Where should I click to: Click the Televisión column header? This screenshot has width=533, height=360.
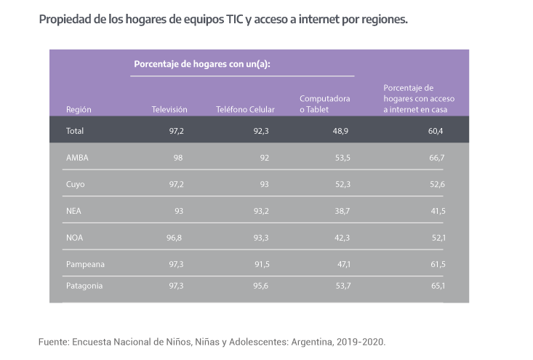click(169, 109)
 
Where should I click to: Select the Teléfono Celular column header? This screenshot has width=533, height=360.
click(245, 109)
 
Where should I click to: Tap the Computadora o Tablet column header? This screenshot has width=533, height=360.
click(325, 104)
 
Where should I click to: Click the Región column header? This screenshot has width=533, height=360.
click(79, 109)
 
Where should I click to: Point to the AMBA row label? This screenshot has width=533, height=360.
click(77, 157)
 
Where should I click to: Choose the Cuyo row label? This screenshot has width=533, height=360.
click(76, 184)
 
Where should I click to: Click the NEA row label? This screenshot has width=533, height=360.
click(74, 210)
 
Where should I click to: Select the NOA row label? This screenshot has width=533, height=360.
click(75, 237)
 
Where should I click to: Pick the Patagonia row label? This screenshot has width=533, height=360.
click(84, 286)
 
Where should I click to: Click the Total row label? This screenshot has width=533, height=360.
click(76, 131)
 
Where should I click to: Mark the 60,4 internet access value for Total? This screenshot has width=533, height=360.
click(436, 131)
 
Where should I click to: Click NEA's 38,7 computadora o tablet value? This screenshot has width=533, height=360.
click(341, 210)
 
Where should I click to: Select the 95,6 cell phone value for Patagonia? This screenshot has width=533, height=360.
click(260, 286)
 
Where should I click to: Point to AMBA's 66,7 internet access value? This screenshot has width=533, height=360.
click(437, 157)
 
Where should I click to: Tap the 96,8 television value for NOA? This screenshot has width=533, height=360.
click(174, 237)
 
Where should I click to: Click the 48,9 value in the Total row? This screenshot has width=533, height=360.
click(340, 131)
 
